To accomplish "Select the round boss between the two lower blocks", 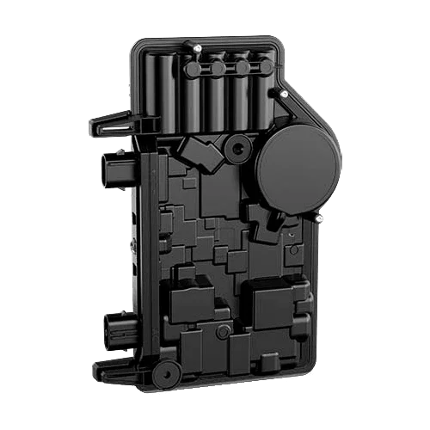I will (x=223, y=330).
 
